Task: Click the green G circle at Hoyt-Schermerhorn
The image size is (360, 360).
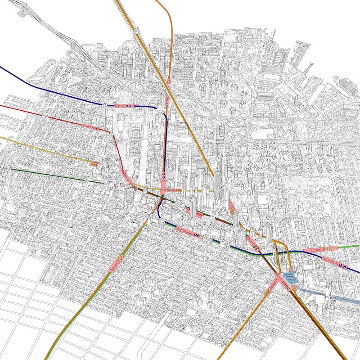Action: [201, 235]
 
